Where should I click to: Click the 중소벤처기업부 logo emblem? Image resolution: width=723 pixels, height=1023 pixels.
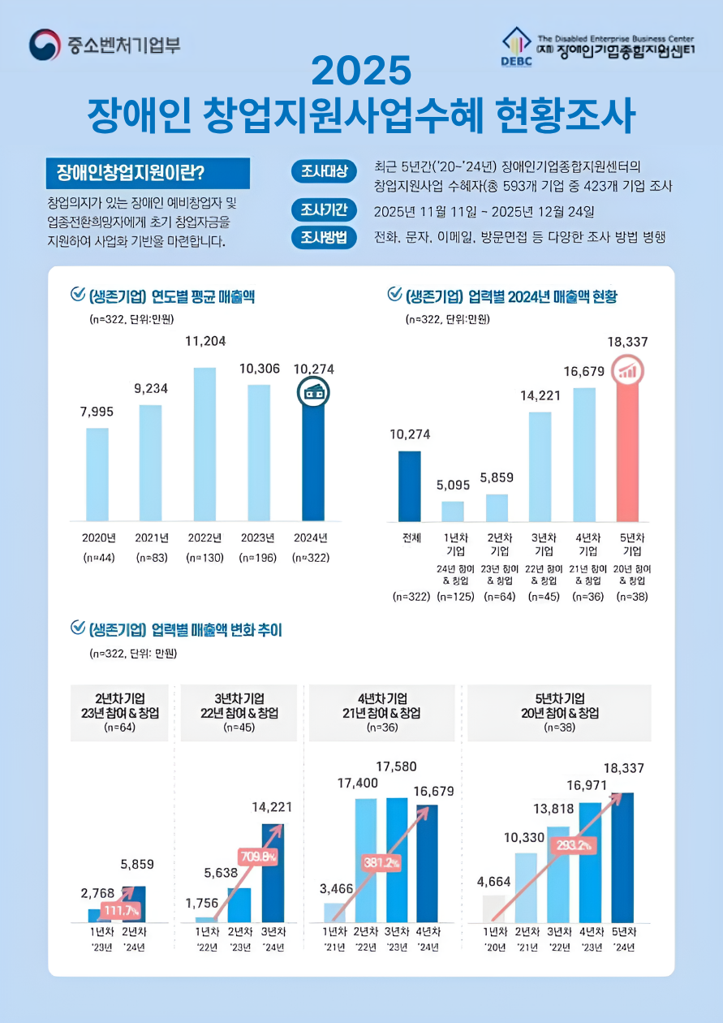[45, 45]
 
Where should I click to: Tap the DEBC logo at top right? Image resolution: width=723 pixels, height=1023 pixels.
[516, 48]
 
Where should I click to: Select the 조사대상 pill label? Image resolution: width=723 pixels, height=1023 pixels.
[324, 171]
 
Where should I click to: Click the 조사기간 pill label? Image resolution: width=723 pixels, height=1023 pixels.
[324, 211]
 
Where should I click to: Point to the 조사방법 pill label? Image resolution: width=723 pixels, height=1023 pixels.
[324, 238]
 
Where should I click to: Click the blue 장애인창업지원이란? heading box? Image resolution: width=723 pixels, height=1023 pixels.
[148, 174]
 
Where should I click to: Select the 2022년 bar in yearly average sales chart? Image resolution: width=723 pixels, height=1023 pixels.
[204, 444]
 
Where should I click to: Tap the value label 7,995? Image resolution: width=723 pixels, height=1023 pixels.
[97, 412]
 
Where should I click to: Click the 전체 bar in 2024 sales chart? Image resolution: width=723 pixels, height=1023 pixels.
[410, 486]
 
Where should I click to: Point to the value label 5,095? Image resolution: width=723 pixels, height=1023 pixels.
[453, 486]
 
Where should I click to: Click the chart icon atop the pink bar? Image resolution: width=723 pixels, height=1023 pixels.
[627, 371]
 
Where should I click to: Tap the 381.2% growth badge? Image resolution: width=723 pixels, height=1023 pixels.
[381, 863]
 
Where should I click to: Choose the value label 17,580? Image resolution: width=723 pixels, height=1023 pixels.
[397, 766]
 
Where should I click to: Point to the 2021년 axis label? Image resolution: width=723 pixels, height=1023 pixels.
[151, 537]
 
